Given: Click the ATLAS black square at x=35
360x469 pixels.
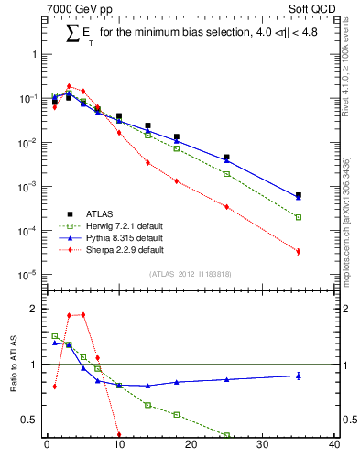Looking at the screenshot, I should tap(299, 195).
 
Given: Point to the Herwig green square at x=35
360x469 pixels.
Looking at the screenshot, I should tap(299, 217).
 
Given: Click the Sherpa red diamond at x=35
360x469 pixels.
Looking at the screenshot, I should tap(299, 251).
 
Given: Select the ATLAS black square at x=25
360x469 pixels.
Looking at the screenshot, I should tap(226, 158).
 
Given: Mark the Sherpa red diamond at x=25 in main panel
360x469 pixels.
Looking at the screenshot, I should tap(226, 207).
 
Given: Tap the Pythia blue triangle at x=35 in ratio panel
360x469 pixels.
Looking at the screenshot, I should tap(299, 376).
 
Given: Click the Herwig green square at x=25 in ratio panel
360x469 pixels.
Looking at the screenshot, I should tap(226, 435).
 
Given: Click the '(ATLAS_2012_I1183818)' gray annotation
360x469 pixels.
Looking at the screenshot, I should tap(190, 274).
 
